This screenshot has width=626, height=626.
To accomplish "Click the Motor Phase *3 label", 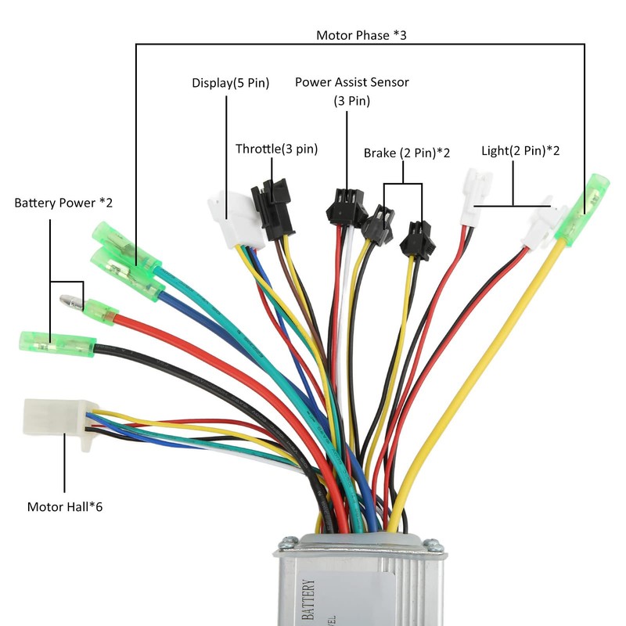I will (x=362, y=35).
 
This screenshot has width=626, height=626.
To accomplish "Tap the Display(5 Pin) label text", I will (x=231, y=83).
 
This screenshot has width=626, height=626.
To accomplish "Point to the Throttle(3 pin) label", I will (x=276, y=149).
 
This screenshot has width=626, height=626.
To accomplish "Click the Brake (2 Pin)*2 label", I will (x=406, y=153).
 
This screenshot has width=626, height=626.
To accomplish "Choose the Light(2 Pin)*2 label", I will (x=520, y=150).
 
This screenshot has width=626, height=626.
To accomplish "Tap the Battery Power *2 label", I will (x=63, y=203).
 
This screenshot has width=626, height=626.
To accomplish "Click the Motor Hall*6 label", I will (x=65, y=506).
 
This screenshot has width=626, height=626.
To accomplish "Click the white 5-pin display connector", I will (x=230, y=219).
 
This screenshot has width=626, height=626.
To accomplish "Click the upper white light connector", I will (x=478, y=190).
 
